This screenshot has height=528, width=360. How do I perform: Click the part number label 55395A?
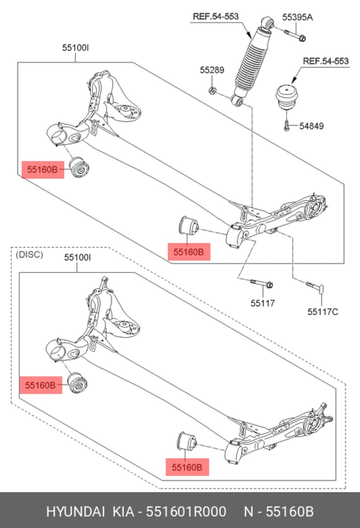297,17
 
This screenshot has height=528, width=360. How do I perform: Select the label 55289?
212,70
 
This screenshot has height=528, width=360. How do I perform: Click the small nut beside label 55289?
213,91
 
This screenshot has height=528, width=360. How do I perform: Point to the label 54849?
312,126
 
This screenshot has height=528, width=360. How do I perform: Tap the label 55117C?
322,311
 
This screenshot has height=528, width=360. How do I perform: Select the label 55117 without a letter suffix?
263,303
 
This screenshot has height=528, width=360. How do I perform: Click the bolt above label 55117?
262,284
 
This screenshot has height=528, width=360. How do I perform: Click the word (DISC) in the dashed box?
29,254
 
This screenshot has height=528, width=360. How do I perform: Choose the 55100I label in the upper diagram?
75,48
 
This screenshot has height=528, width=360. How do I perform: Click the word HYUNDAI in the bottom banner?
75,512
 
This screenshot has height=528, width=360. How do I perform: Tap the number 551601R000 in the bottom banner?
186,512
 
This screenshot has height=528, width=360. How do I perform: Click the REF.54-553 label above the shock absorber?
216,16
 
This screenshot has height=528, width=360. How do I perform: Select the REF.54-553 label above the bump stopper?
326,61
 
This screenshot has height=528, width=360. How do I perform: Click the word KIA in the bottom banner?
123,512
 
